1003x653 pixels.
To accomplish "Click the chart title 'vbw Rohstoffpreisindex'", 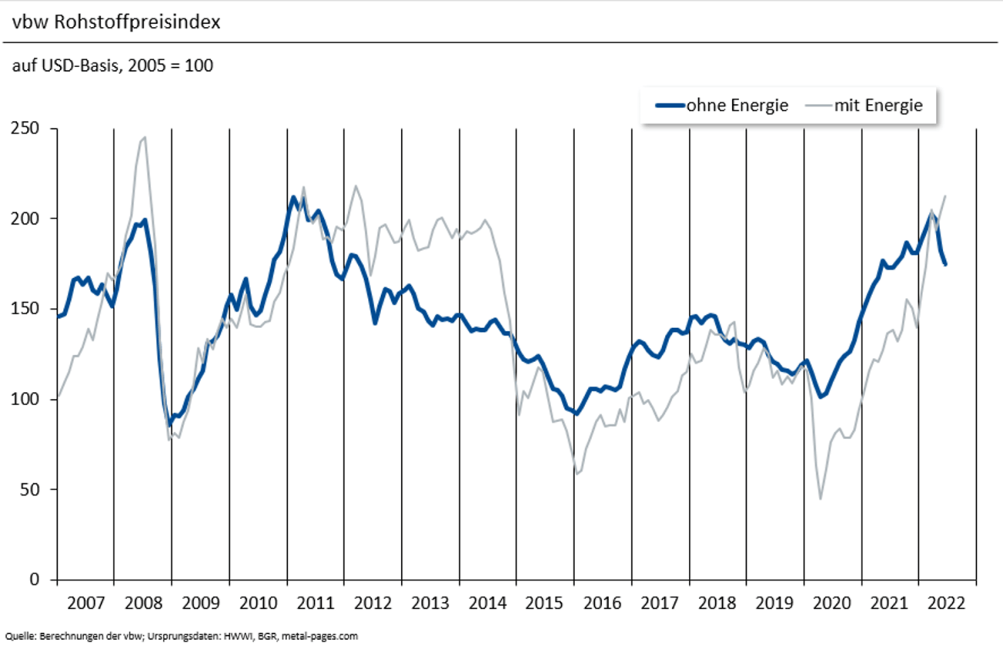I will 116,22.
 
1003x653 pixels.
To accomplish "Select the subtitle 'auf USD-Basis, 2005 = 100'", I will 113,66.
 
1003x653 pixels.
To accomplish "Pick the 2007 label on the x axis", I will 85,603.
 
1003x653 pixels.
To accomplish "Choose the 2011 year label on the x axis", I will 315,603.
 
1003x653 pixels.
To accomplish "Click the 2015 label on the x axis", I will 545,603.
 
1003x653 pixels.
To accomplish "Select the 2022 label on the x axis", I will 947,603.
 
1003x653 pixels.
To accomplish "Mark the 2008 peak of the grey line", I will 145,137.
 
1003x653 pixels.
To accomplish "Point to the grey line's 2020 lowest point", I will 820,499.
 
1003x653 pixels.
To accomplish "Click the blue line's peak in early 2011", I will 294,198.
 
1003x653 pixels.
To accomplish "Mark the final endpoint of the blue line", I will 945,265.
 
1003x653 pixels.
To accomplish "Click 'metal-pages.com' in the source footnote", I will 319,637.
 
